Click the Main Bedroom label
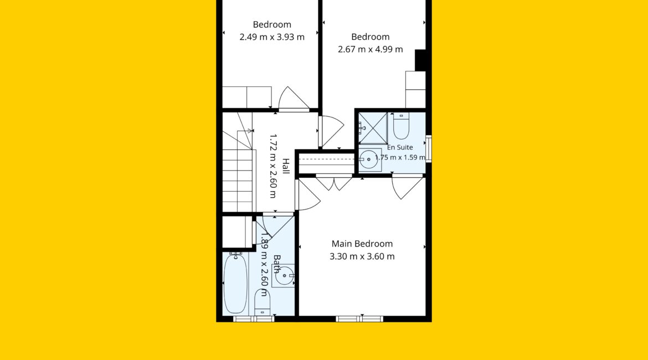(362, 244)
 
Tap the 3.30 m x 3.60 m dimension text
(362, 256)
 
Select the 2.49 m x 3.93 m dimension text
(272, 37)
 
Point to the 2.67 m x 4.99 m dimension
(371, 49)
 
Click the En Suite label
(400, 147)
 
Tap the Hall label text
(286, 166)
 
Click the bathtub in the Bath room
(235, 284)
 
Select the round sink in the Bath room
(284, 276)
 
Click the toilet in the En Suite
(401, 126)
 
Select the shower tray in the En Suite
(373, 128)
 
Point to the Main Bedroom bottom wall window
(359, 318)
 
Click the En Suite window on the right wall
(429, 148)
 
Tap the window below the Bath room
(253, 318)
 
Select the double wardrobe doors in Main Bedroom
(334, 183)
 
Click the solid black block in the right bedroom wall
(420, 60)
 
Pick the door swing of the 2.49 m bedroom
(294, 99)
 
